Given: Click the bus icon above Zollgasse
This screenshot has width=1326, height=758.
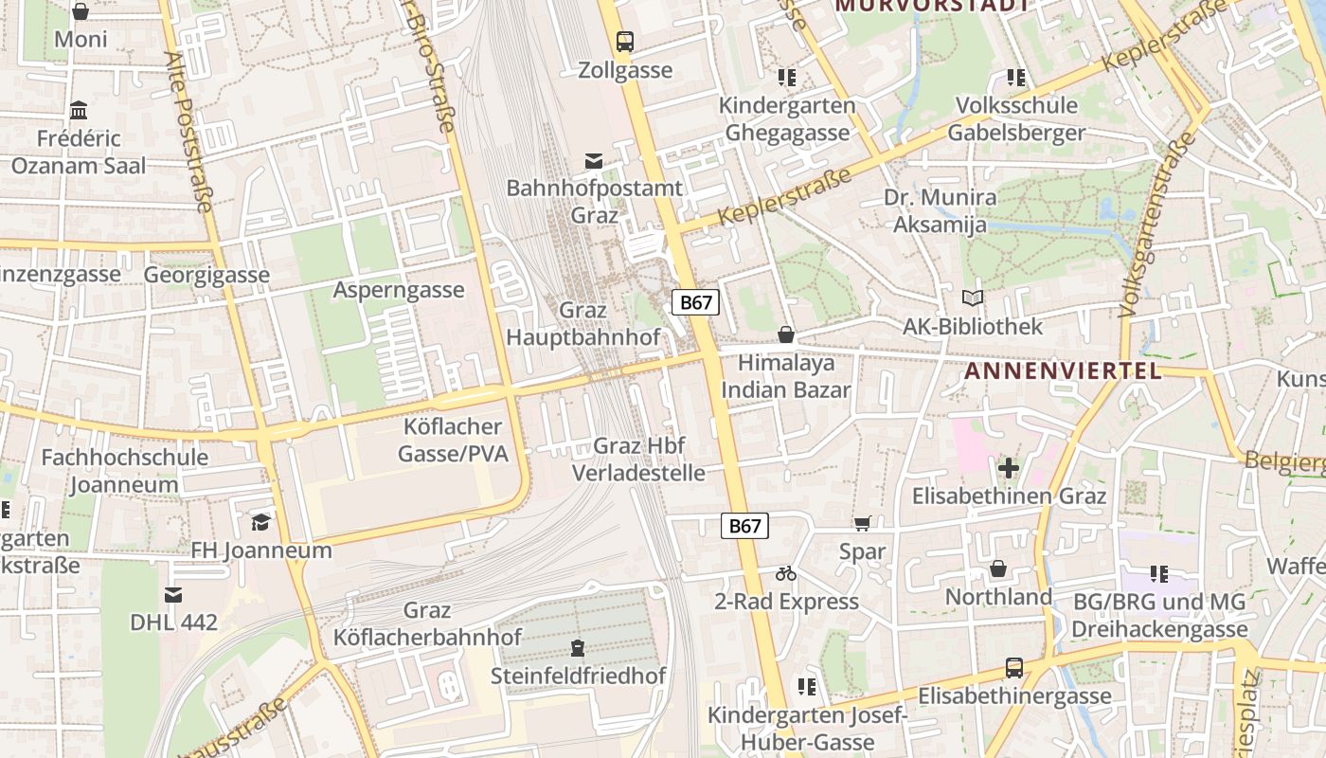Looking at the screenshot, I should tap(624, 42).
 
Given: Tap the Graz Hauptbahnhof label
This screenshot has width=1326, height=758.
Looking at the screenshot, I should tap(582, 324).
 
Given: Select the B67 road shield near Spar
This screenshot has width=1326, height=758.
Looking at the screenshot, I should tap(744, 526).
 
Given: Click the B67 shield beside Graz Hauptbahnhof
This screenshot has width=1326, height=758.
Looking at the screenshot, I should tap(695, 303).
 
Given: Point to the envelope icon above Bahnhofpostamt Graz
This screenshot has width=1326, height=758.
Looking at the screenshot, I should tap(594, 161).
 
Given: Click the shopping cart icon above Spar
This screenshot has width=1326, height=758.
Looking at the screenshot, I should tap(862, 523).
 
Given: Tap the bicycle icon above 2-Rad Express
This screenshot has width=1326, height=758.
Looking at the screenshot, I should tap(785, 573).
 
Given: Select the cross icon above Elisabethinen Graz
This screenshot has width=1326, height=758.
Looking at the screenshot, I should tap(1009, 467).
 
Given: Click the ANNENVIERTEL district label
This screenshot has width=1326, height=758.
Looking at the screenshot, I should tap(1062, 371).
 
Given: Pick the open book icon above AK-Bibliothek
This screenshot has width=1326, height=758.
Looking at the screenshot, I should tap(972, 298).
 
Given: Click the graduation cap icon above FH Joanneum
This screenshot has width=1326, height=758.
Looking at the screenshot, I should tap(260, 522).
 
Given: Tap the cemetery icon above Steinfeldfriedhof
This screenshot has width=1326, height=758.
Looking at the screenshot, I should tap(578, 648).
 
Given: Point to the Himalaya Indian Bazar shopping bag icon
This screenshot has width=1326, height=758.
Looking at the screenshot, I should tap(785, 334).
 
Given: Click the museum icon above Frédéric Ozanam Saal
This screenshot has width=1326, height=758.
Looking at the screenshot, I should tap(79, 110).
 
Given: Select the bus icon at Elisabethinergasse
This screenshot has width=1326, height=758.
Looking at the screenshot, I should tap(1014, 668).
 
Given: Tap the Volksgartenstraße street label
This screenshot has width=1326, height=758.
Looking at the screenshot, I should tap(1153, 227).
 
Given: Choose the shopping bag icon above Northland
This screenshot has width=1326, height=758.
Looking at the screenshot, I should tap(997, 568).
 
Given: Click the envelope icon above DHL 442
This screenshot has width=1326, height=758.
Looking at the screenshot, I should tap(173, 595).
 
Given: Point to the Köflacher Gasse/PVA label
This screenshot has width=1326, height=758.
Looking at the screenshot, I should tap(453, 441).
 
